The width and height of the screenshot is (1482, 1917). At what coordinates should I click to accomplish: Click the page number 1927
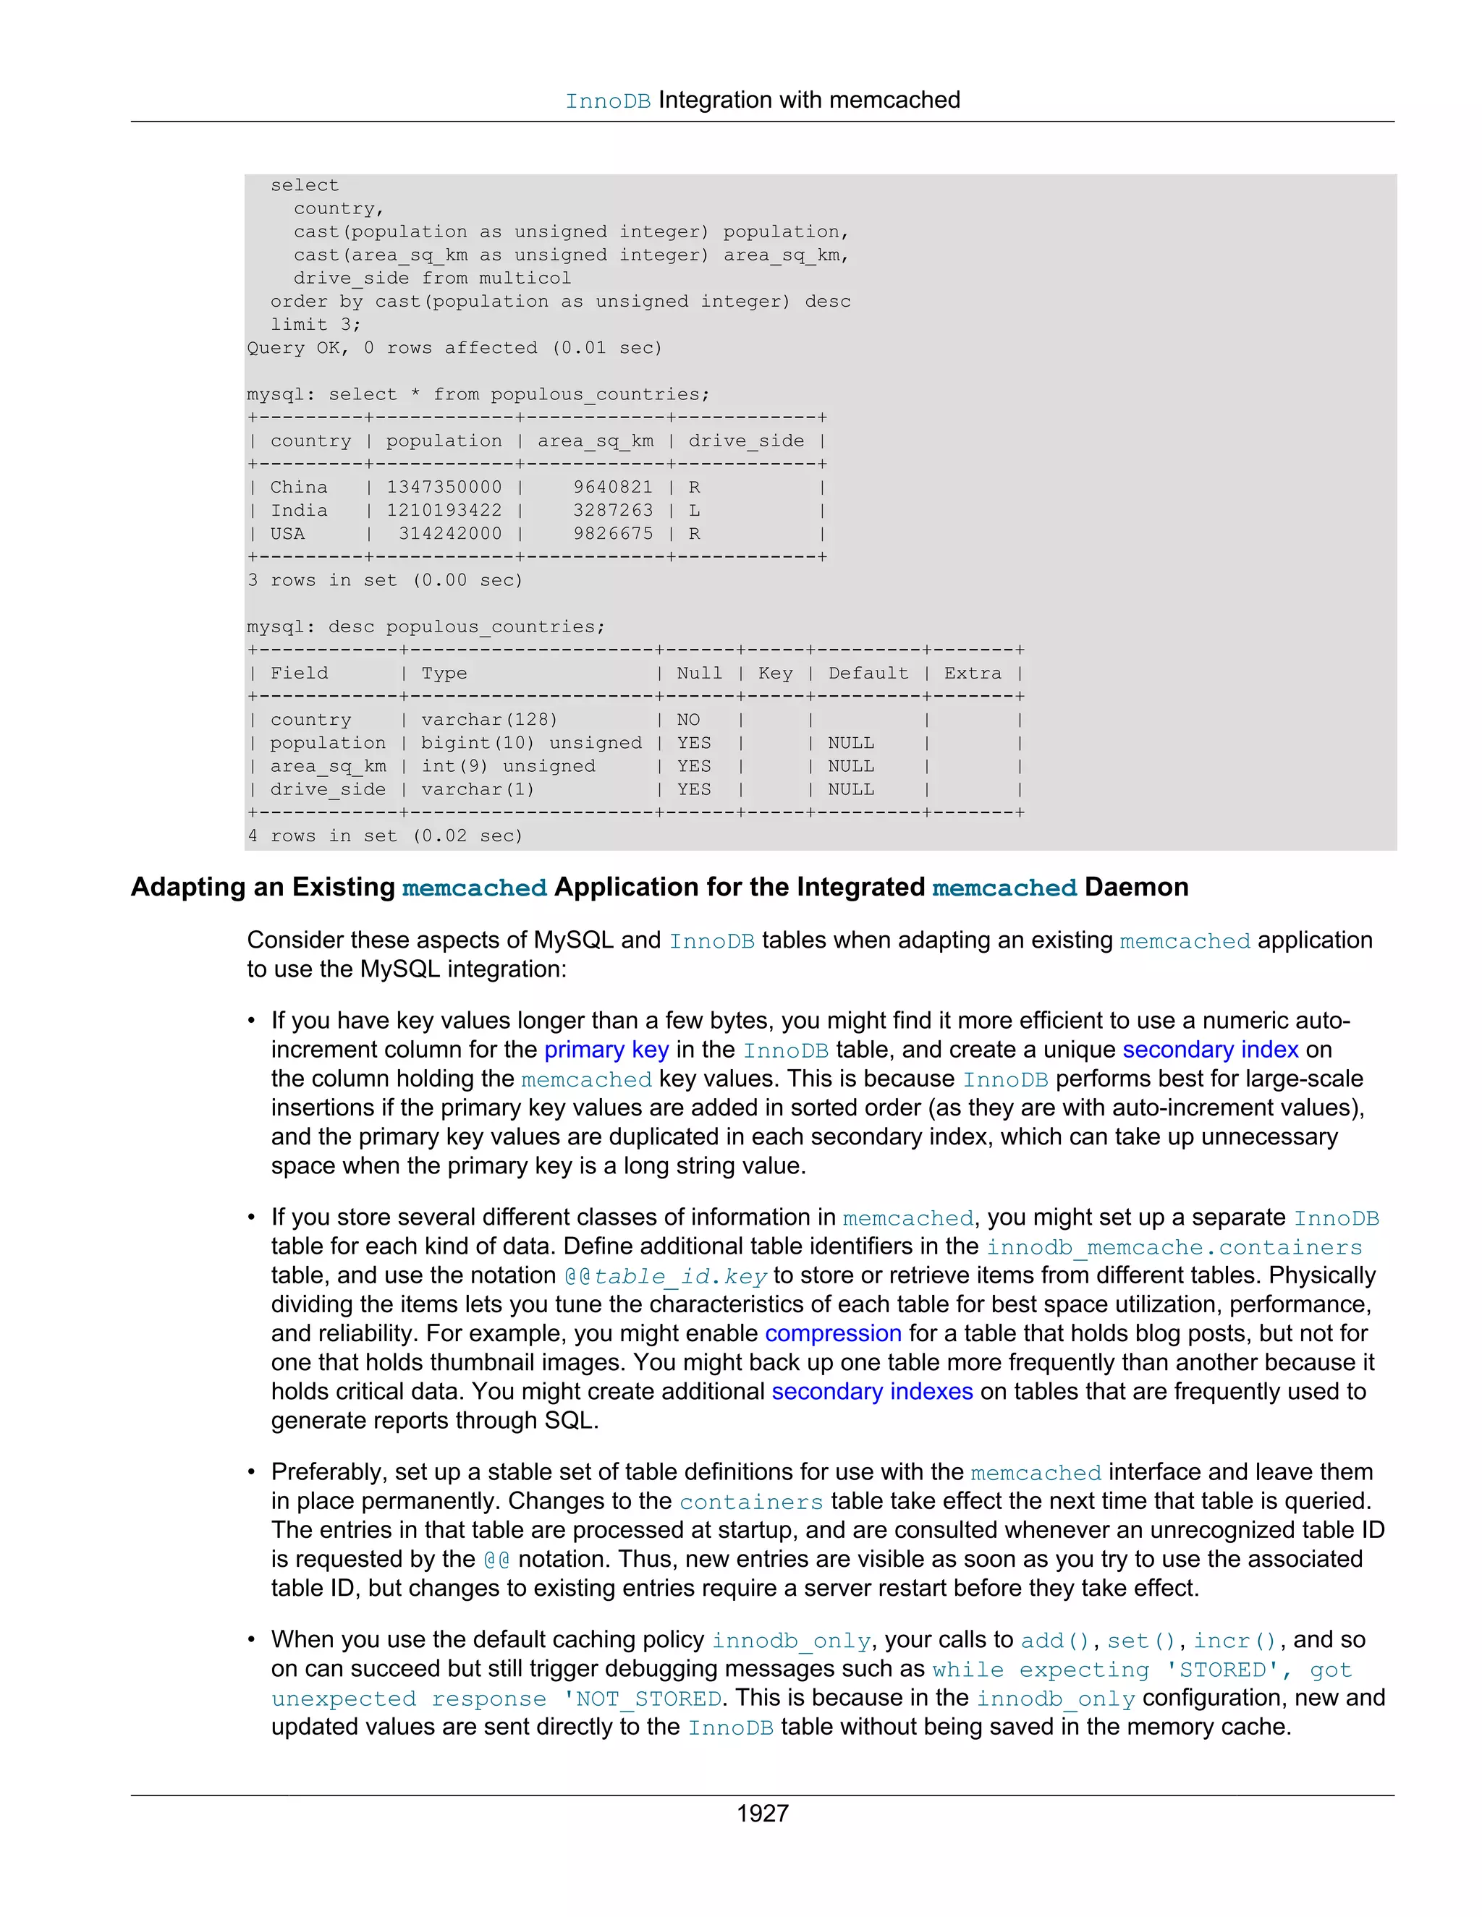click(762, 1813)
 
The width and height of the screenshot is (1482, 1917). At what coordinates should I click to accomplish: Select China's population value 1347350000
click(444, 487)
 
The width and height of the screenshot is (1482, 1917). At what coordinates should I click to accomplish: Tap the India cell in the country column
click(287, 510)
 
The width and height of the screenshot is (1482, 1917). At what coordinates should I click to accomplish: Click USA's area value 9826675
click(613, 534)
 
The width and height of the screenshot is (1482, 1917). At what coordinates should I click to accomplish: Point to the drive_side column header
click(745, 441)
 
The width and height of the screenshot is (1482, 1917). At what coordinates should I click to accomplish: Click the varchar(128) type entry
click(489, 720)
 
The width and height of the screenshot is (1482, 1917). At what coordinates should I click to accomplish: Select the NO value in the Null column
click(687, 720)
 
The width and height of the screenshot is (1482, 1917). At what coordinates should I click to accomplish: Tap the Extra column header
click(972, 673)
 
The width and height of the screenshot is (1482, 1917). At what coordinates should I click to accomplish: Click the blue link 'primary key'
click(606, 1050)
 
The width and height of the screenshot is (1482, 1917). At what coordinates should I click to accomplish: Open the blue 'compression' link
click(832, 1333)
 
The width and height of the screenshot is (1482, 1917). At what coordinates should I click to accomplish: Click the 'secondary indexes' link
click(872, 1391)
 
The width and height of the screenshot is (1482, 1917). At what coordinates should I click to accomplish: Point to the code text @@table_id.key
click(666, 1275)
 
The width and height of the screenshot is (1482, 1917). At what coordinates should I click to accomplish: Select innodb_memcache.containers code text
click(1174, 1247)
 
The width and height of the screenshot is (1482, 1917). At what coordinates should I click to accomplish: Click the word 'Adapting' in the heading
click(188, 888)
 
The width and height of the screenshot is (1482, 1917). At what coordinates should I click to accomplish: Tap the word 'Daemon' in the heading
click(1136, 888)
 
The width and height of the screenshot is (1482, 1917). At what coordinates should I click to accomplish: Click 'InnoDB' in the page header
click(608, 101)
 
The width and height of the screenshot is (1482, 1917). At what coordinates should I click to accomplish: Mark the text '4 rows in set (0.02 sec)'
click(384, 836)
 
